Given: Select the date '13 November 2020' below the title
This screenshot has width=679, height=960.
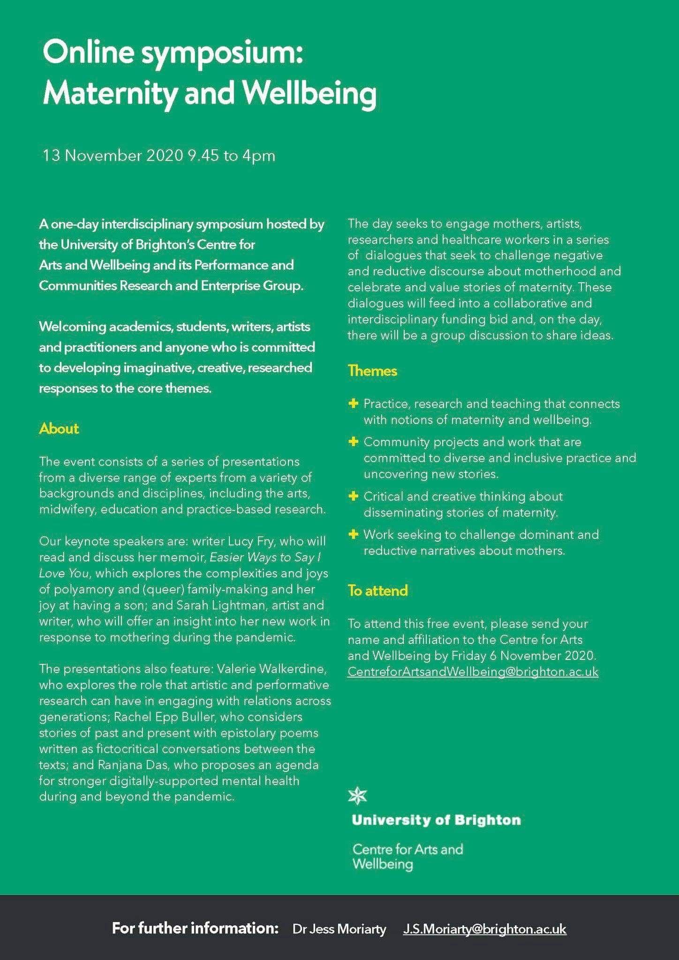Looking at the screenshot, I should point(113,155).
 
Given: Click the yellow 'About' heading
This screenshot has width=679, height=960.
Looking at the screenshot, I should point(59,429).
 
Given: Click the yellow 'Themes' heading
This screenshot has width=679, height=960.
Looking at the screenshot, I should point(372,371).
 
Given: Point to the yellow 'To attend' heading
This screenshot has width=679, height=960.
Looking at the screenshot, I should point(377,590).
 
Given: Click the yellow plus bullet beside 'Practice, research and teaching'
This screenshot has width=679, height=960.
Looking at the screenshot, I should point(354,403).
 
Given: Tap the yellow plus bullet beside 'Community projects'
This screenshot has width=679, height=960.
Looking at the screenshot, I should point(354,441).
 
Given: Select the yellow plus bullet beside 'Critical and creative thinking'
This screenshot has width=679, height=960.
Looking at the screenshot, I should point(354,496).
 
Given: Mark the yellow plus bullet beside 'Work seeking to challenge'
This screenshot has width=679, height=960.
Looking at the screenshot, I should point(354,534).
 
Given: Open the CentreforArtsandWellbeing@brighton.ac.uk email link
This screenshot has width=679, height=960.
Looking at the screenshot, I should point(473,672).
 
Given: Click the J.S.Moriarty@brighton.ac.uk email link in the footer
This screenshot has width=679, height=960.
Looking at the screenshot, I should point(484,929).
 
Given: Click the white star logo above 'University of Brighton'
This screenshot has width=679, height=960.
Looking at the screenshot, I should point(358,795).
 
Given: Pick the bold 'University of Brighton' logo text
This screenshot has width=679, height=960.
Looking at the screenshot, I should point(436,820).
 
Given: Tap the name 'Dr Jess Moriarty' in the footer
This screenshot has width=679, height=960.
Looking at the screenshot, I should point(339,929).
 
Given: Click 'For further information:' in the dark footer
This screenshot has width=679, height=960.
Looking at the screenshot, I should point(195,928).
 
